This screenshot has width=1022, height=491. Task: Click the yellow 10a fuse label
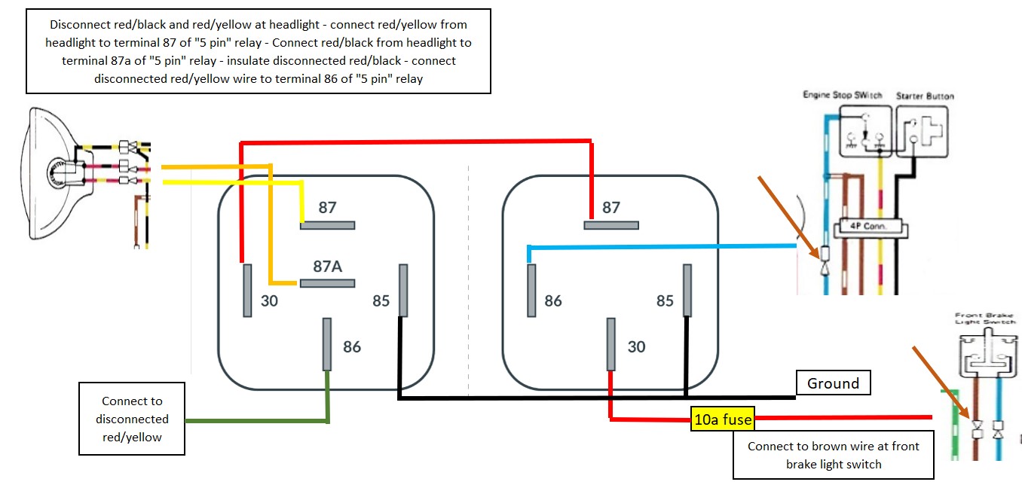coord(722,419)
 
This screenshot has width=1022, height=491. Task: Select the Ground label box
coord(833,383)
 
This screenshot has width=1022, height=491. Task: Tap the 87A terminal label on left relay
coord(328,267)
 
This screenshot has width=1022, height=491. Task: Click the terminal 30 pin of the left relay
coord(247,290)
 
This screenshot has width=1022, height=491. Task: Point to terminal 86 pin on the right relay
coord(531,290)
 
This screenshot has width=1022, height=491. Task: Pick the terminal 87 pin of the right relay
coord(611,224)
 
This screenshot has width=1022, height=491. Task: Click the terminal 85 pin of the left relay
coord(403,290)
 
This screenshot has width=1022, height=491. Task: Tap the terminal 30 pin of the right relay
coord(610,344)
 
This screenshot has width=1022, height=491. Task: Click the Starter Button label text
coord(925,96)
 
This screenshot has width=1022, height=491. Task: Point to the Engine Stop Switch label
coord(841,96)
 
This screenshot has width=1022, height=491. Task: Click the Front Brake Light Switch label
coord(985,319)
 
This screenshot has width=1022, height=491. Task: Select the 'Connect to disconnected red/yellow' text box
coord(132,419)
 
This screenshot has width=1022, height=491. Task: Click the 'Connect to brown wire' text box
coord(833,455)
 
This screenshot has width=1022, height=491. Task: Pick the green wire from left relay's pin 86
coord(256,420)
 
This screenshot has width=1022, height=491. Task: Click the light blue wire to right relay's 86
coord(663,245)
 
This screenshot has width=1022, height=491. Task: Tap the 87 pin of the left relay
coord(328,224)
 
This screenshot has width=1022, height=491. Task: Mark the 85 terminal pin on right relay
coord(687,290)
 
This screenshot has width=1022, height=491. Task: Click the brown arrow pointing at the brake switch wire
coord(938,380)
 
